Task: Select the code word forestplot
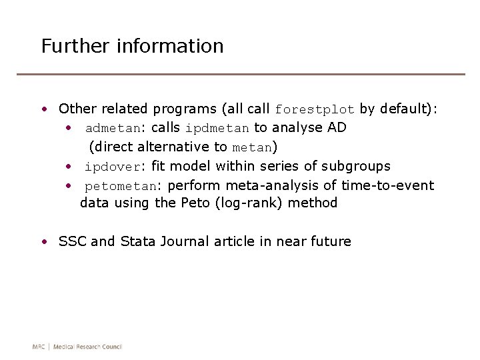315,109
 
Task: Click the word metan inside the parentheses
252,147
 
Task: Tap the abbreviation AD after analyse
337,127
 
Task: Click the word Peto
195,203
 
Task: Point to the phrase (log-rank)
249,203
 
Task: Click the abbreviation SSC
73,241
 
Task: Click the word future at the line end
331,241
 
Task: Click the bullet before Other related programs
43,109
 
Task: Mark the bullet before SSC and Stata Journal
43,242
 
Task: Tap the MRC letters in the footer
39,347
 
